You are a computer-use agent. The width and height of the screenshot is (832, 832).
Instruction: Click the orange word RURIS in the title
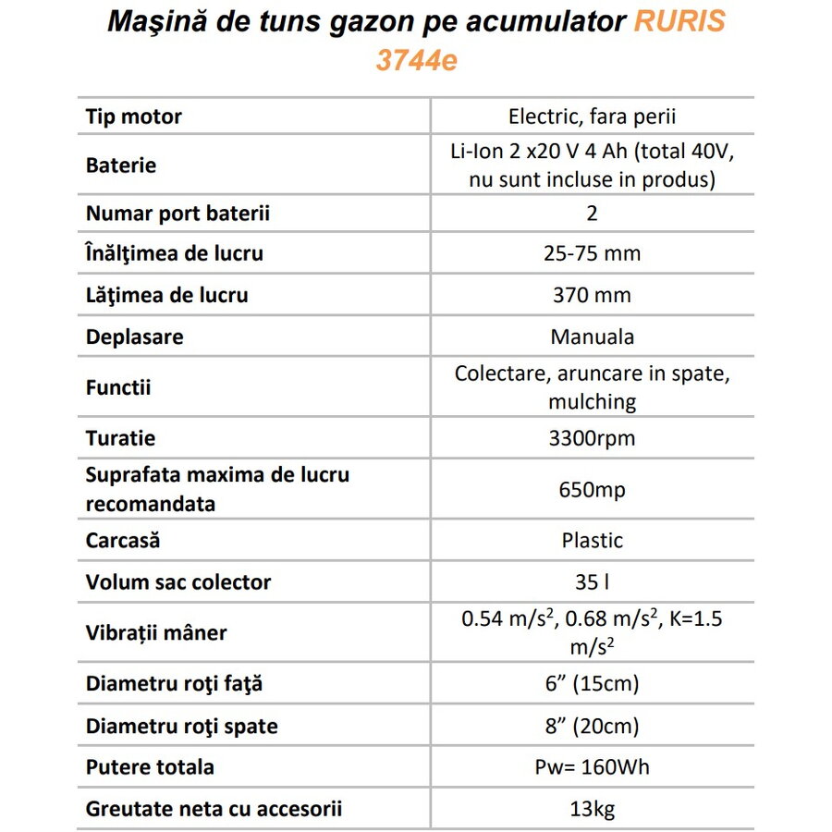tap(679, 21)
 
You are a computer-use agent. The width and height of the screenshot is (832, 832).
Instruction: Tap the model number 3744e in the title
tap(416, 61)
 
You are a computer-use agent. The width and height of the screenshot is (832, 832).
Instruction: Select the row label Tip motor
tap(134, 116)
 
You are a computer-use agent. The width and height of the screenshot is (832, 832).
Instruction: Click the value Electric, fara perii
tap(593, 116)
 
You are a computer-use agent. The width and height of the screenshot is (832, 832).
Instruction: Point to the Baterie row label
tap(121, 165)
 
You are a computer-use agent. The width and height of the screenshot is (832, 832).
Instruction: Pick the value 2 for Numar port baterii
tap(593, 214)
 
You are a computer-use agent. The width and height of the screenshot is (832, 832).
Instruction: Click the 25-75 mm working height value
tap(593, 253)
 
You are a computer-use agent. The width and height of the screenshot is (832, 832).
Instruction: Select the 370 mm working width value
tap(593, 296)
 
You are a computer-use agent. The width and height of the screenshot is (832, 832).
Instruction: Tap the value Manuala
tap(593, 336)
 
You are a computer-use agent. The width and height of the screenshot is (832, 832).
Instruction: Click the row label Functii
tap(118, 387)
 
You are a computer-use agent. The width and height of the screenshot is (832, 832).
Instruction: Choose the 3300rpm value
tap(593, 438)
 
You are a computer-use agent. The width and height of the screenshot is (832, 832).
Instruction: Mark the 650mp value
tap(593, 490)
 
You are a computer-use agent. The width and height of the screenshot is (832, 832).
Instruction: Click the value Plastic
tap(593, 540)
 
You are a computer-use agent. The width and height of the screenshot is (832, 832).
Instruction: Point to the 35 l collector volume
tap(593, 582)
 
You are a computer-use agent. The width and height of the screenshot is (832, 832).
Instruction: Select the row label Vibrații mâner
tap(156, 633)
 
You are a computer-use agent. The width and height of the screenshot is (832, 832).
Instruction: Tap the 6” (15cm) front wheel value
tap(593, 684)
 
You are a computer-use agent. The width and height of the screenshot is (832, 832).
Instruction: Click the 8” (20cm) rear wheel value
tap(593, 727)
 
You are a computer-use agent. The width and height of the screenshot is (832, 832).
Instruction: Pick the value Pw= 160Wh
tap(593, 767)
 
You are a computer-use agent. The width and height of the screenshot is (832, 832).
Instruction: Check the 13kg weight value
tap(593, 809)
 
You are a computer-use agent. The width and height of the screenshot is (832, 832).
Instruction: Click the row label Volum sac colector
tap(178, 582)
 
